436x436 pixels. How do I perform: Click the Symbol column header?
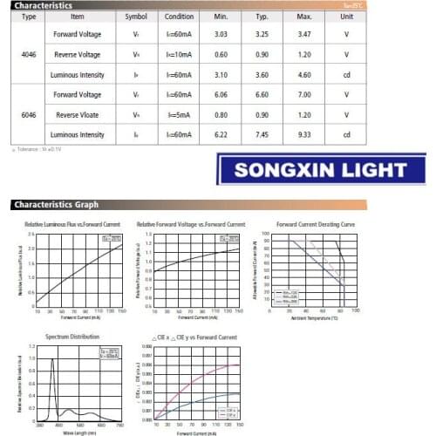click(x=135, y=16)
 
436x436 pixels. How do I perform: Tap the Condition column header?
click(x=179, y=16)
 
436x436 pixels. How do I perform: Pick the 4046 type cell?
click(x=28, y=55)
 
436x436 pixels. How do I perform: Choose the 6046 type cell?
click(x=28, y=113)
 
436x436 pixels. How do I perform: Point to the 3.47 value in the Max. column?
click(x=303, y=35)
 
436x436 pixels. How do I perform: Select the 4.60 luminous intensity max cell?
click(x=303, y=74)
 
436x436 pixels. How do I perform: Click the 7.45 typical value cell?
click(x=261, y=133)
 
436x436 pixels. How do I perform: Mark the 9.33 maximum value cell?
click(x=303, y=133)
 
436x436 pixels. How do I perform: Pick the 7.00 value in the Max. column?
click(x=303, y=94)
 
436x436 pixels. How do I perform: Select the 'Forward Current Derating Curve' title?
click(x=316, y=225)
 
